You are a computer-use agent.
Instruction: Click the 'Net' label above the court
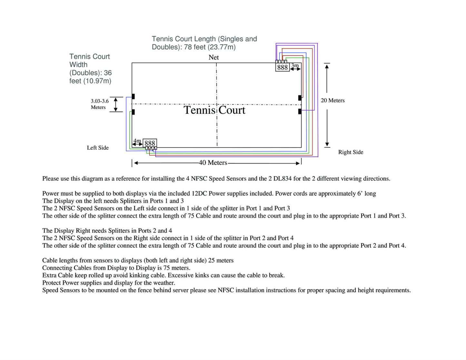click(x=213, y=57)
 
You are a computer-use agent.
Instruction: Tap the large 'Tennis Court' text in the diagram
click(x=214, y=110)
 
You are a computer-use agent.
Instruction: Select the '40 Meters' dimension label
click(x=213, y=163)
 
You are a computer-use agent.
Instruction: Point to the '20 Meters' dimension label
click(x=332, y=100)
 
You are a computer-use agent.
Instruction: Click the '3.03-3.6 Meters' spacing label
click(x=100, y=104)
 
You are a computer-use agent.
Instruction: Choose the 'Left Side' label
click(x=98, y=147)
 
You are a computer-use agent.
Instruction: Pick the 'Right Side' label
click(x=351, y=152)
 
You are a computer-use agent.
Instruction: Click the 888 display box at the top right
click(x=282, y=67)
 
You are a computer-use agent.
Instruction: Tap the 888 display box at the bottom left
click(x=150, y=143)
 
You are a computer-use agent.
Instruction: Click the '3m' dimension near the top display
click(x=295, y=65)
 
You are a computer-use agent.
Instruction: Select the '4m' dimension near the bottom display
click(x=137, y=141)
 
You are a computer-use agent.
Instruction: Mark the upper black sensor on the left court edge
click(x=133, y=96)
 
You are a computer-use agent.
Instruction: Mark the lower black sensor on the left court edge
click(x=133, y=112)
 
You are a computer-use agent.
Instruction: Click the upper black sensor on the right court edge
click(x=300, y=98)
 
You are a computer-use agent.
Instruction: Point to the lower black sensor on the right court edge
click(x=300, y=111)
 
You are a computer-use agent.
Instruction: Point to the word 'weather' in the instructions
click(x=164, y=283)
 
